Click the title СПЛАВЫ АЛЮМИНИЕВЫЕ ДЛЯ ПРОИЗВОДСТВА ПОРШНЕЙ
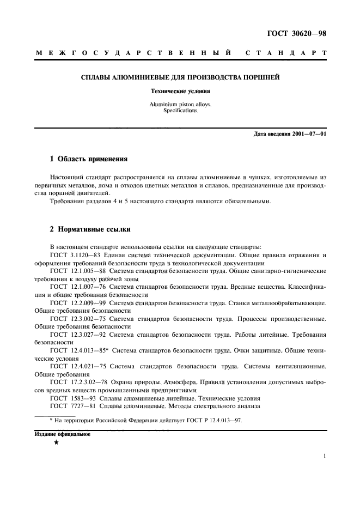180,78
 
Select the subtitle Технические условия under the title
180,91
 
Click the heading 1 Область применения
88,160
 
